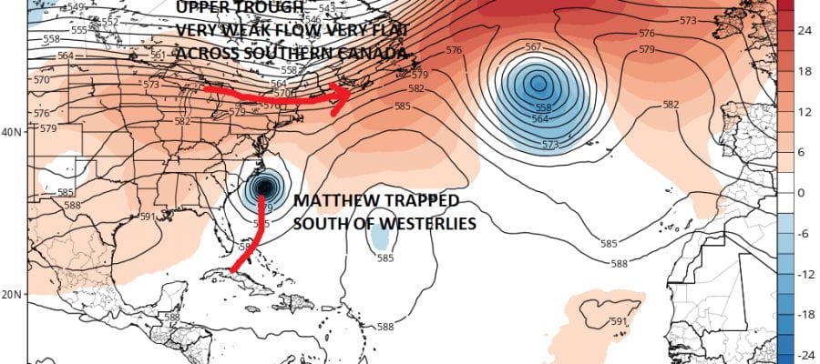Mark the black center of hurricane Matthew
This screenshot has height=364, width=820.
point(264,187)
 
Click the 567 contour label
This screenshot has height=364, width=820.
point(535,46)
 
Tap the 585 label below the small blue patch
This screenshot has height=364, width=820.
point(384,258)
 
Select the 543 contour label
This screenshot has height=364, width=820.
point(327,8)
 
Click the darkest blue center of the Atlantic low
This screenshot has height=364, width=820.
point(538,84)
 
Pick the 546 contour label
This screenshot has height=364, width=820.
point(313,18)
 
